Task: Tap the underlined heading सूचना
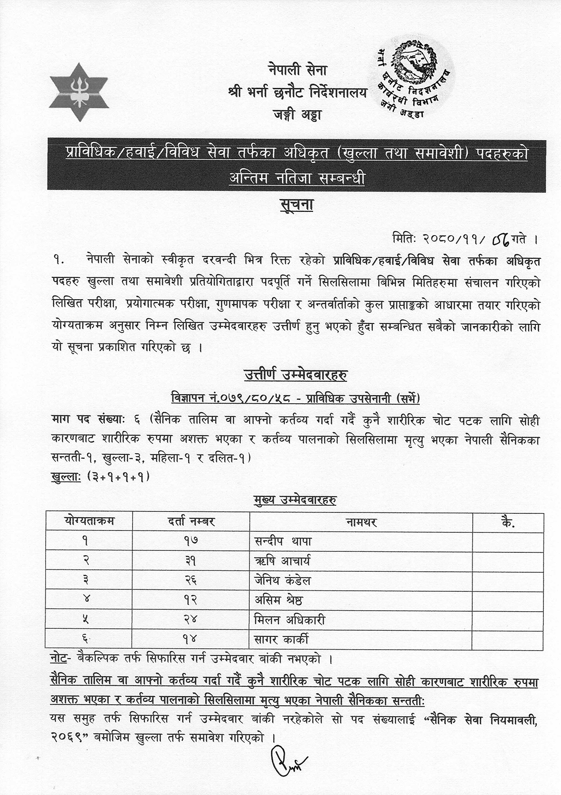pos(295,207)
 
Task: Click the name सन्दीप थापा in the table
pos(283,541)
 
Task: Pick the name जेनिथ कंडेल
pos(283,580)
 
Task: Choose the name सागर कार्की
pos(281,639)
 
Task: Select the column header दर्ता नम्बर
pos(191,521)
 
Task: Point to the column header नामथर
pos(361,522)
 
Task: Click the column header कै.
pos(508,522)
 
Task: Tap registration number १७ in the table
pos(191,541)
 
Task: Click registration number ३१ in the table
pos(191,561)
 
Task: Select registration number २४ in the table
pos(191,620)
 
